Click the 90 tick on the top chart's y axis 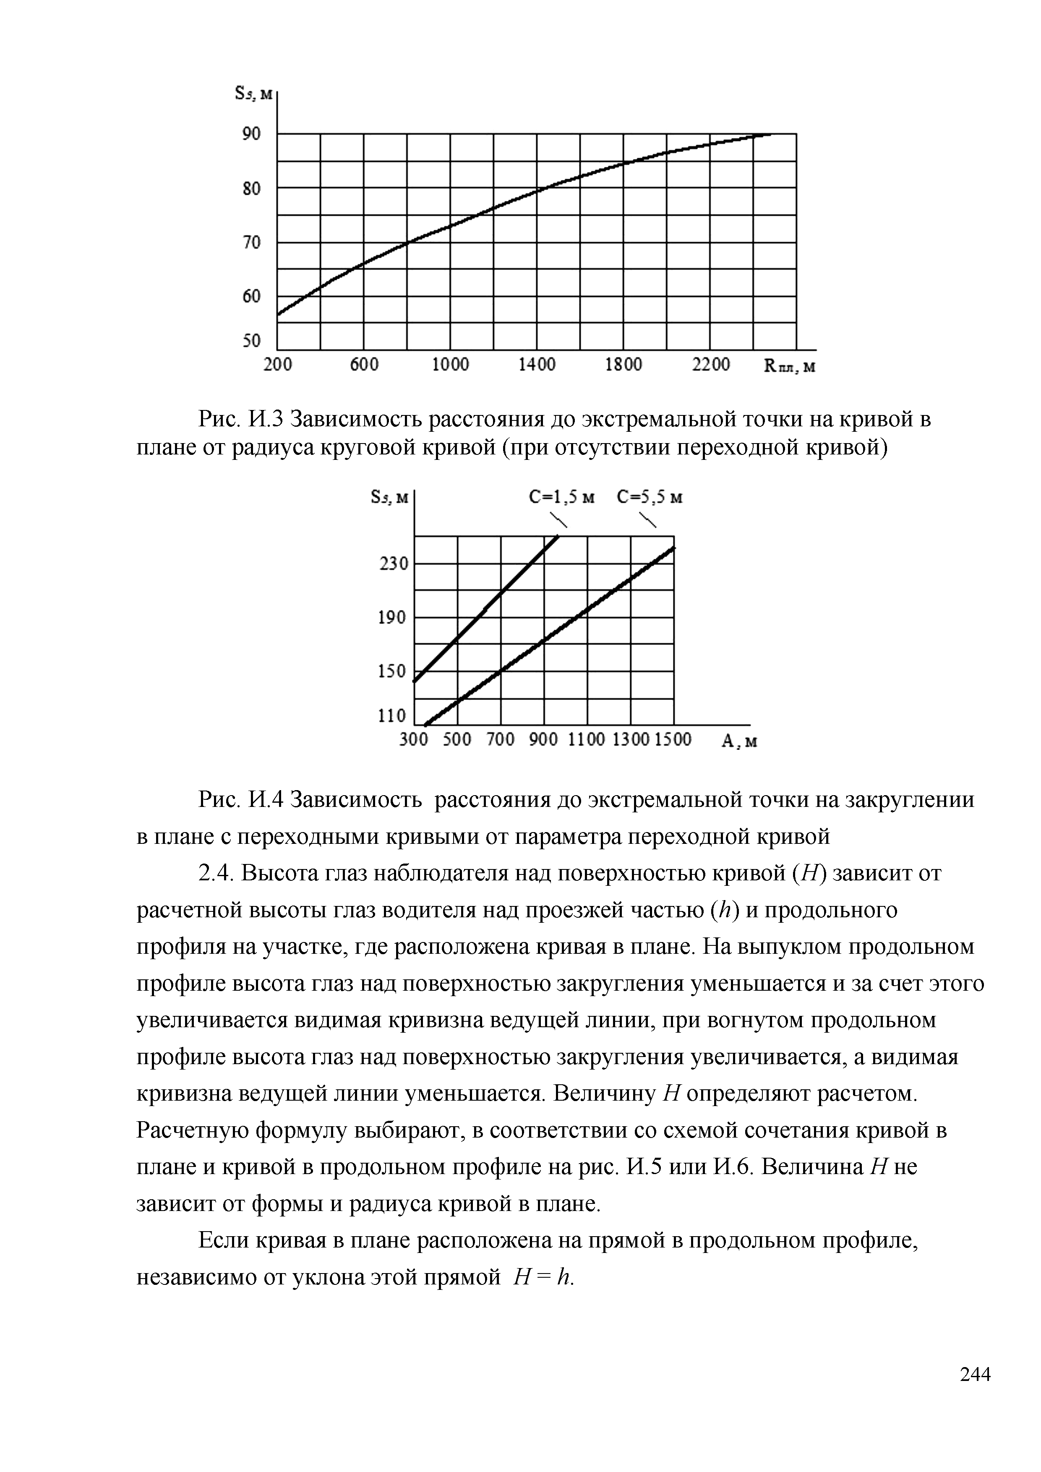pos(251,134)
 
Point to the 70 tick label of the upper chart pos(251,243)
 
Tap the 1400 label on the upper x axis pos(537,365)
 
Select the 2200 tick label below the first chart pos(711,365)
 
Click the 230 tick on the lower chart pos(393,564)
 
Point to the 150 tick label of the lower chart pos(393,671)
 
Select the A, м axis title pos(739,741)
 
